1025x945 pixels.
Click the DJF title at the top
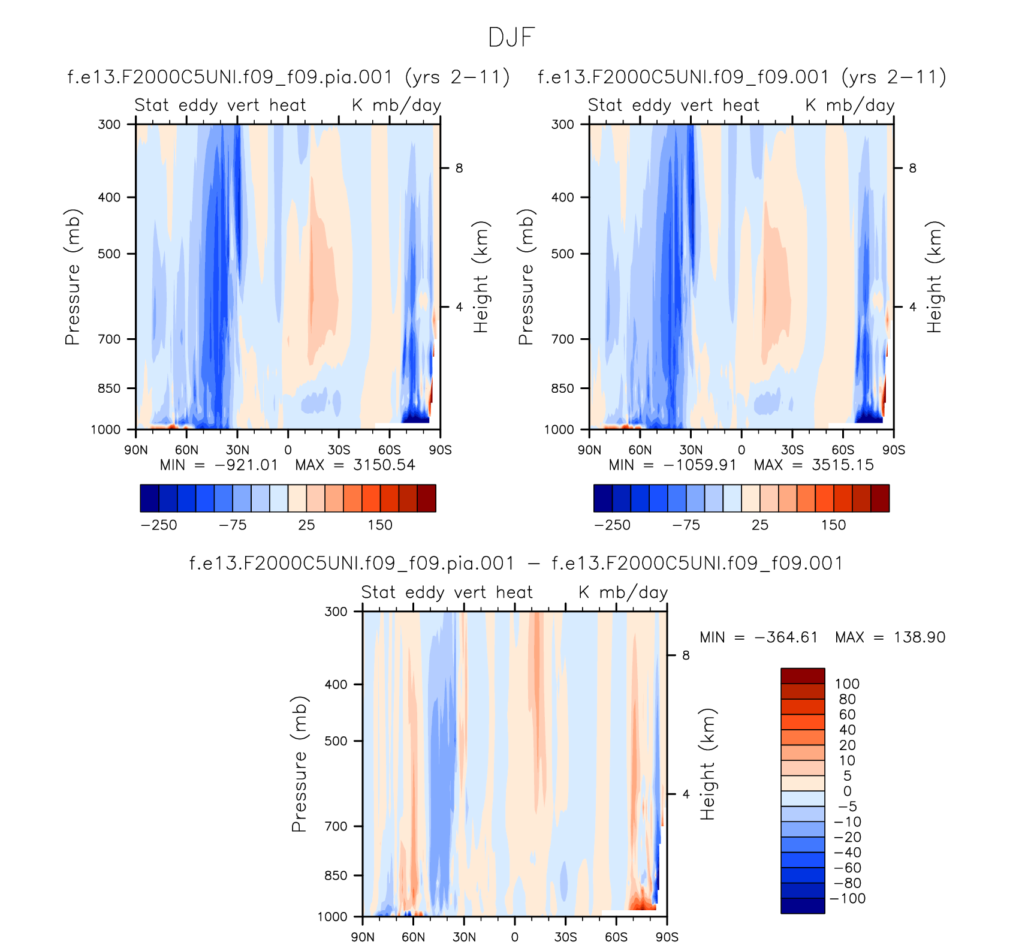(511, 38)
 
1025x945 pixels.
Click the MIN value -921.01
(246, 465)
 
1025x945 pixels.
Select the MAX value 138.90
(919, 637)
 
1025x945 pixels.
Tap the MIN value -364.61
(786, 637)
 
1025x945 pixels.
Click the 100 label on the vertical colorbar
(847, 684)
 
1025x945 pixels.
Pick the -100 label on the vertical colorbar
(848, 899)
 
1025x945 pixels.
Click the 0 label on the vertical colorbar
(847, 791)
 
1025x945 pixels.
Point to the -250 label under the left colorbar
(159, 525)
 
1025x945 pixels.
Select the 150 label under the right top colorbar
(833, 525)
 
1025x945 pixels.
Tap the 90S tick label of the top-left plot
(440, 450)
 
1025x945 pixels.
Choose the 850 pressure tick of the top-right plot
(562, 389)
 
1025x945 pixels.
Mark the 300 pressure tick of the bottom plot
(336, 612)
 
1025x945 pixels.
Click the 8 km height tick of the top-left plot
(459, 168)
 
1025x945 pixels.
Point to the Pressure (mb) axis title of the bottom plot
(299, 764)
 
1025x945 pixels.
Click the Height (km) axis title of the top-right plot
(934, 277)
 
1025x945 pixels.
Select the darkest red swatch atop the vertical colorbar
(803, 676)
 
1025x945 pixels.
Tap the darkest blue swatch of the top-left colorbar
(149, 498)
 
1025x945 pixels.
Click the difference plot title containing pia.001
(516, 564)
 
